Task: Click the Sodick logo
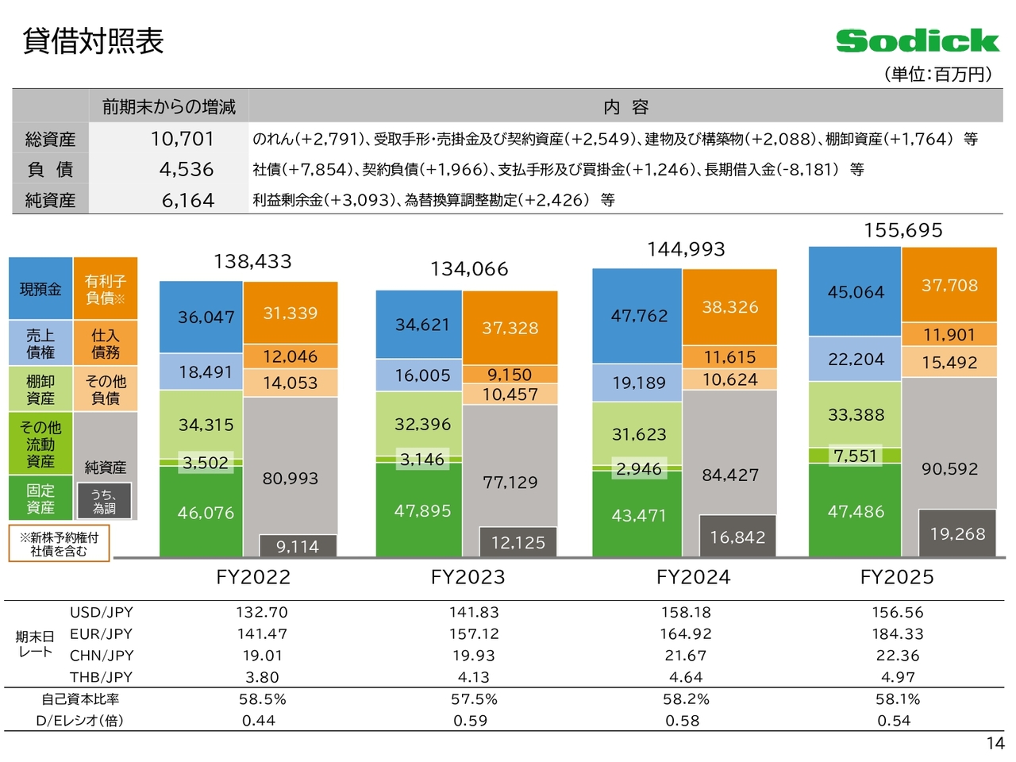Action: (917, 40)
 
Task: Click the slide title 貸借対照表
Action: (93, 41)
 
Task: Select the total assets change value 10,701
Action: (183, 139)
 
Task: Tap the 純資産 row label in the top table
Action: (50, 200)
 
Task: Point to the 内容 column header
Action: (625, 107)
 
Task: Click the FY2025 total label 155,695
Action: (903, 230)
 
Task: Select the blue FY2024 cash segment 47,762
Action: (639, 316)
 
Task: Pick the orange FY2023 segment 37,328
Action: (510, 328)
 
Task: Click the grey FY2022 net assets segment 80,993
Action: (291, 478)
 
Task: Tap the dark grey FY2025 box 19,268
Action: (957, 533)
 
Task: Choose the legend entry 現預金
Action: (40, 290)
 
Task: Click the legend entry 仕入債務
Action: (106, 344)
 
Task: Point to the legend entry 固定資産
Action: (40, 498)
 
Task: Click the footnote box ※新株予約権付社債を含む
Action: (59, 544)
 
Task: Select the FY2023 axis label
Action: (468, 577)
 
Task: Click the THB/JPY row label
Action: (101, 677)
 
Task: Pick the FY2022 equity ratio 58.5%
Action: (262, 699)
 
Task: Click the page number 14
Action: (995, 744)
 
